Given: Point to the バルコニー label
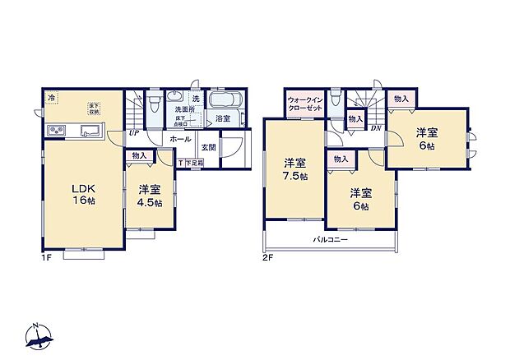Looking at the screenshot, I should [330, 241].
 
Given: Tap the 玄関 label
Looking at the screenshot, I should [207, 148].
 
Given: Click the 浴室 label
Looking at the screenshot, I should [222, 119].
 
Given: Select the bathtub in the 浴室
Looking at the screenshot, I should [225, 101].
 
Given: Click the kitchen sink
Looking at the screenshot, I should [89, 131].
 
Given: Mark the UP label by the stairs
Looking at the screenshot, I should [132, 133].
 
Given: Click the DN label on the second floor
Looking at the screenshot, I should [375, 127].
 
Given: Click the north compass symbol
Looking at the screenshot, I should [39, 334].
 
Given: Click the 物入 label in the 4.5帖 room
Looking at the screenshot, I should [139, 155].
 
